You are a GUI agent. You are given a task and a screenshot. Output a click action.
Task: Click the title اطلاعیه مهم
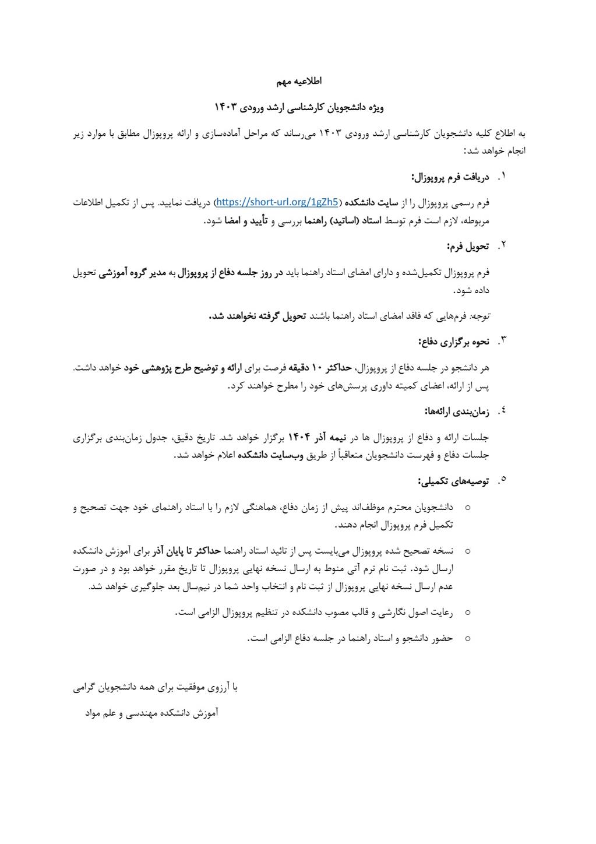click(299, 81)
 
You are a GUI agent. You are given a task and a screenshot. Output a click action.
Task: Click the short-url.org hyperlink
click(277, 202)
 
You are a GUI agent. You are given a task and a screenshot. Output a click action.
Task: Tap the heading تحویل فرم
click(468, 246)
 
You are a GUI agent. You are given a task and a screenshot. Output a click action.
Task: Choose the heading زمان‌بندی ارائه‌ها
click(456, 412)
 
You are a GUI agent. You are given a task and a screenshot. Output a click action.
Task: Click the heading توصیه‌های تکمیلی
click(453, 481)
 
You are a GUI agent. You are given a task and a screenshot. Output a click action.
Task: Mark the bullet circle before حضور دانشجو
click(467, 638)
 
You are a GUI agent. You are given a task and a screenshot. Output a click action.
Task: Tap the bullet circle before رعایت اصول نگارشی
click(467, 612)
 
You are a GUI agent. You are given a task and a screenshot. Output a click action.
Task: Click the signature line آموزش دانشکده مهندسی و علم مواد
click(151, 713)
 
